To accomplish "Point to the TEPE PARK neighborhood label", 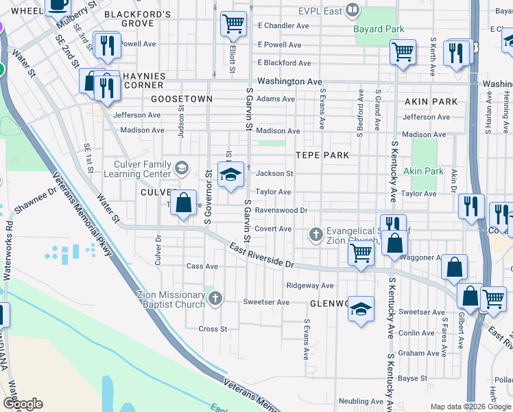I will pos(322,155).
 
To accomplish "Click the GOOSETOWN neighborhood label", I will pos(182,99).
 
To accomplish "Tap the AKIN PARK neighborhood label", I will pos(431,102).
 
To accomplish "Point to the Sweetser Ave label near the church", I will pos(266,302).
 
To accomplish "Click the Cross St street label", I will pos(213,329).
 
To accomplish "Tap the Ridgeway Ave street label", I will pos(309,286).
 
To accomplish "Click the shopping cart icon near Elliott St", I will pos(233,24).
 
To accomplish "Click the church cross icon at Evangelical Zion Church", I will pos(315,236).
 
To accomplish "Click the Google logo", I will pos(23,404).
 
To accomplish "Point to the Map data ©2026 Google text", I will pos(470,407).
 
